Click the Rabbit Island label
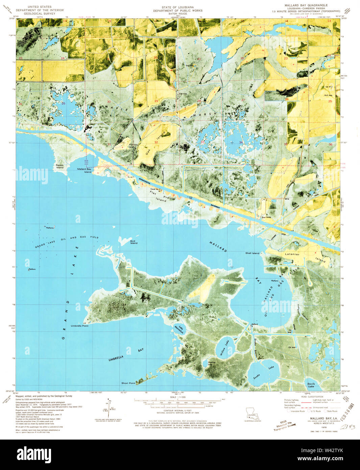click(60, 167)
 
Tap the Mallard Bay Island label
click(84, 170)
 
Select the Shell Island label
click(252, 253)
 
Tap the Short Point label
click(128, 383)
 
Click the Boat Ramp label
click(266, 217)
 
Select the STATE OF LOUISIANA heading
click(177, 7)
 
